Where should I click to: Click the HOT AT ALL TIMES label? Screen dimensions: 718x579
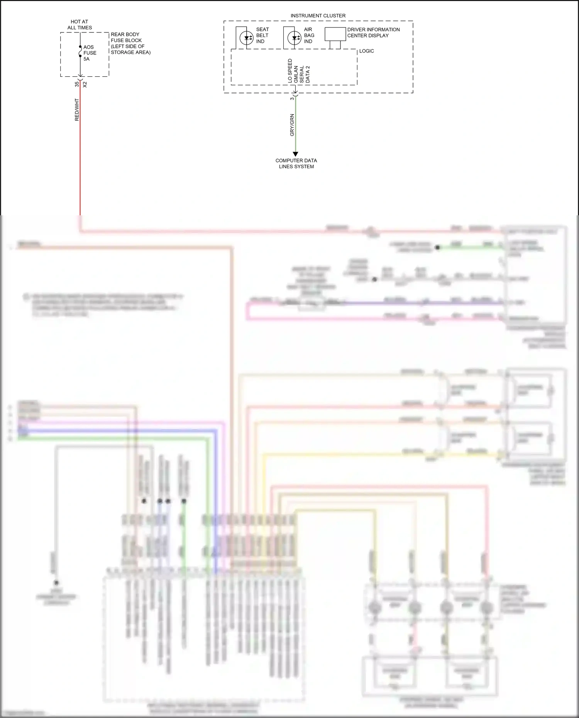[80, 25]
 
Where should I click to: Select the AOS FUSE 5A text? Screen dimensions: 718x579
[90, 53]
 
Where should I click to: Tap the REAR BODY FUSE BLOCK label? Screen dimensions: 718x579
[130, 43]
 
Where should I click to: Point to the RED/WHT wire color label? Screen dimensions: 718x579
[77, 110]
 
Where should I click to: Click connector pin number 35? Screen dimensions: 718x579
[77, 84]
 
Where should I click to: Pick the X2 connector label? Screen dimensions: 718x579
[85, 84]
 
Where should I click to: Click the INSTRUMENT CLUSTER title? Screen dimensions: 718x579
[318, 16]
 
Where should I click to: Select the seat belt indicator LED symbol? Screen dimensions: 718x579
[247, 38]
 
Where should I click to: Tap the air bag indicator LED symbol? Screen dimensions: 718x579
[294, 38]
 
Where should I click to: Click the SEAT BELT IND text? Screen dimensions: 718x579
[262, 35]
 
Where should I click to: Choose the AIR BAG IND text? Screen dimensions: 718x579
[309, 35]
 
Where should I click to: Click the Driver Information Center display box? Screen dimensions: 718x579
[335, 34]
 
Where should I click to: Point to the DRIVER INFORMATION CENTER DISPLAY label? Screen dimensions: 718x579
[373, 32]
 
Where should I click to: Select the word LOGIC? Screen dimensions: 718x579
[366, 51]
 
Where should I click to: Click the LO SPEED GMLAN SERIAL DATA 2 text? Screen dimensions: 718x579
[298, 71]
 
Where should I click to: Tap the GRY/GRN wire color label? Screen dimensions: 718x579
[292, 125]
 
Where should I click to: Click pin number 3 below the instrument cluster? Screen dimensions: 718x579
[292, 98]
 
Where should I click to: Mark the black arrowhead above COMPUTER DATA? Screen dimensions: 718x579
[296, 154]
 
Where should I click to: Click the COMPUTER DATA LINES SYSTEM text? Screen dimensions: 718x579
[296, 164]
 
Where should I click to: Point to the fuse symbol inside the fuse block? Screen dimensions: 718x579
[80, 52]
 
